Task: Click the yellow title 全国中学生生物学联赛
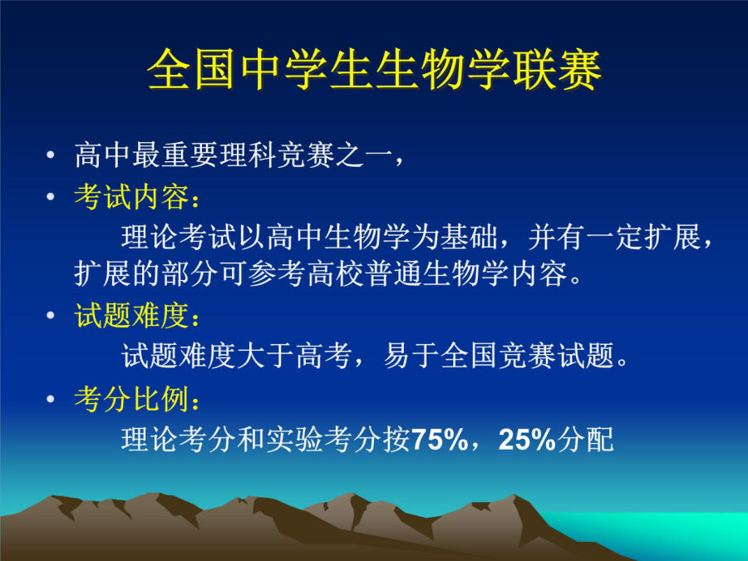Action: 374,70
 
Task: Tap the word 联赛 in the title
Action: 557,70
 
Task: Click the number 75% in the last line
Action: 439,440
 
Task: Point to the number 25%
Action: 527,440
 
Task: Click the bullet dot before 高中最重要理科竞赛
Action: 51,155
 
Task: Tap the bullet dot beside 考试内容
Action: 51,196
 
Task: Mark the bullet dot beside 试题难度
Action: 51,315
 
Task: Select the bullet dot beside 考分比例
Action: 51,399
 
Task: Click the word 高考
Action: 324,356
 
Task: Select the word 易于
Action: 411,356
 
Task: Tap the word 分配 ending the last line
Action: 585,440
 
